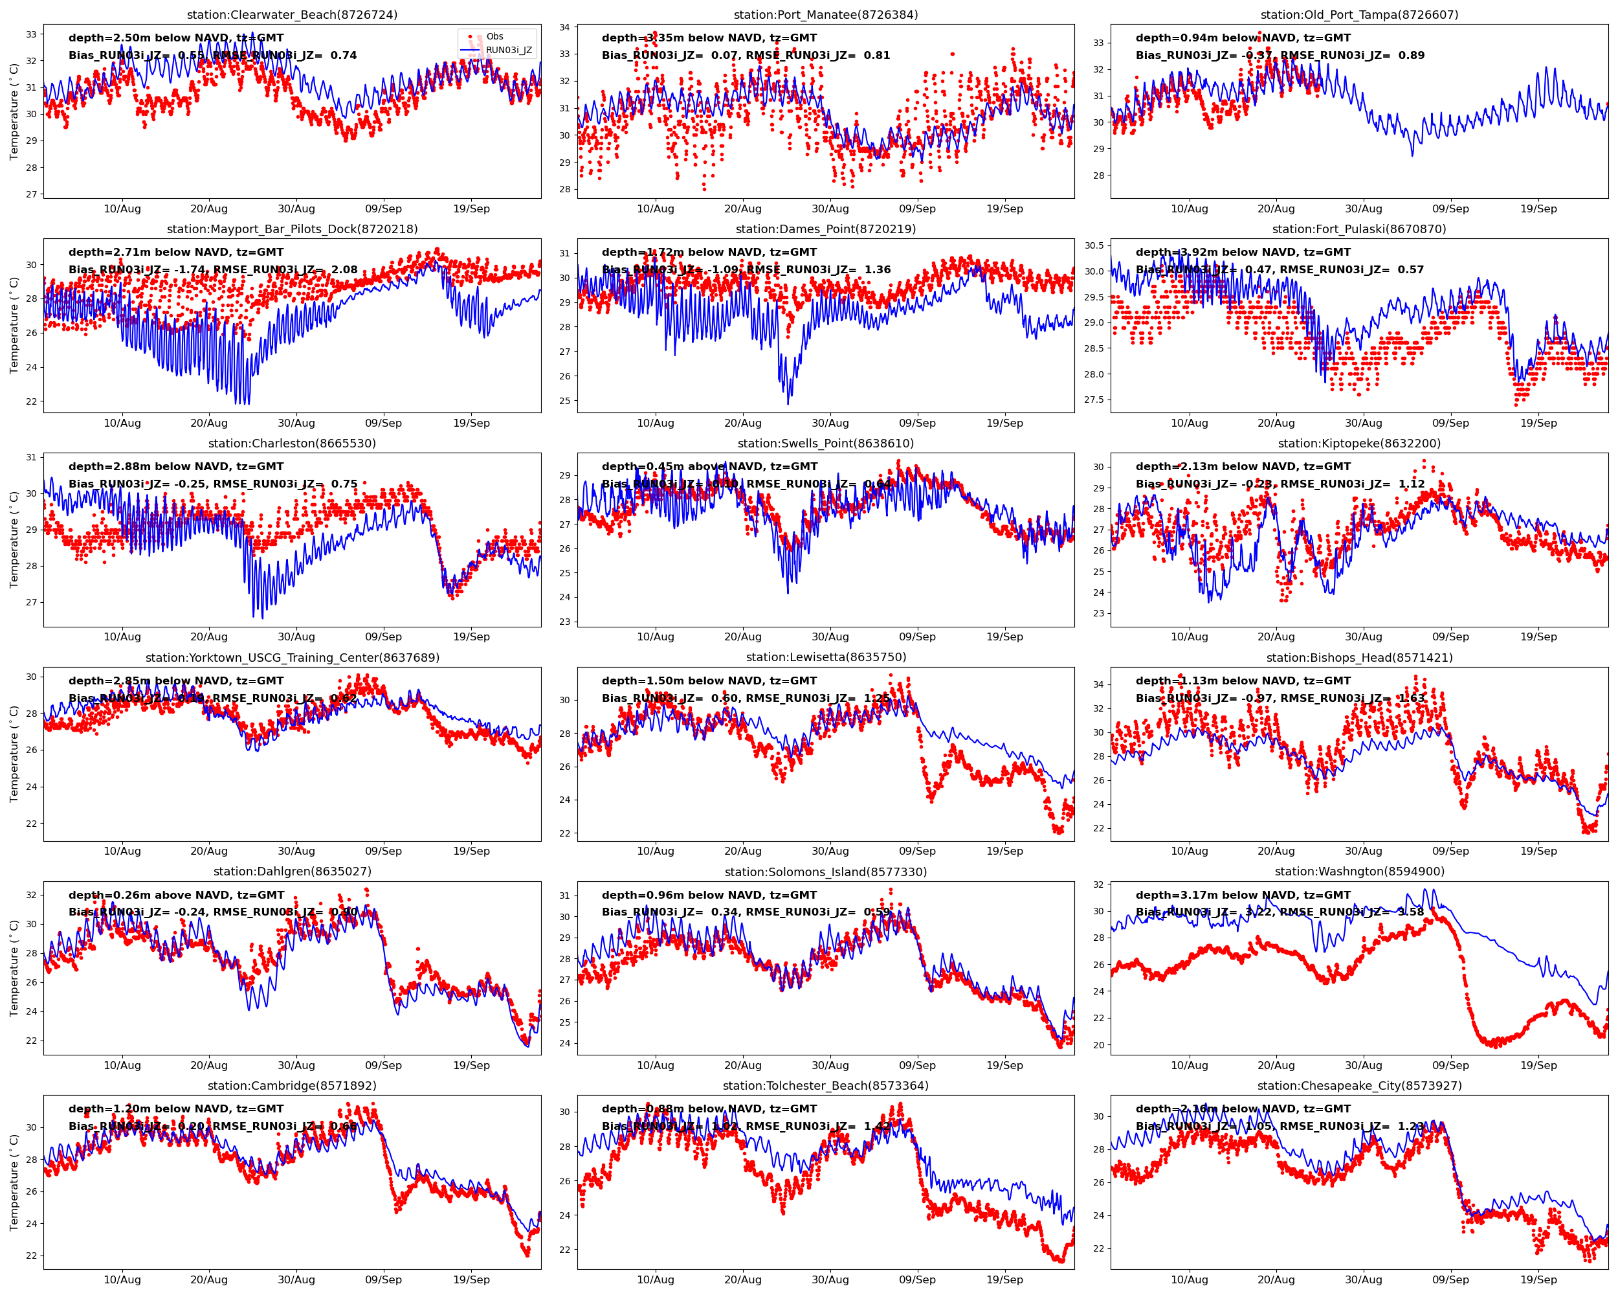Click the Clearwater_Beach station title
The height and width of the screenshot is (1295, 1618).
point(292,15)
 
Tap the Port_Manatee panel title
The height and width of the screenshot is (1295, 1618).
point(826,15)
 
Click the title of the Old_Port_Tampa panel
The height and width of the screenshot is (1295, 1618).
point(1359,15)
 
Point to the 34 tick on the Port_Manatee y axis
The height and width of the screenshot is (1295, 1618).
point(564,27)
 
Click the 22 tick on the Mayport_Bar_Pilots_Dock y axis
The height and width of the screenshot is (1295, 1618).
point(31,401)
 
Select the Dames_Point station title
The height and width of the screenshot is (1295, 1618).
point(826,229)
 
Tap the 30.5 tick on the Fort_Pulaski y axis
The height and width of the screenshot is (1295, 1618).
point(1093,245)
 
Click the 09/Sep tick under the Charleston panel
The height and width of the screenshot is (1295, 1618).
point(384,636)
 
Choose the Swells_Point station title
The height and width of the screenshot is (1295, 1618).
point(826,443)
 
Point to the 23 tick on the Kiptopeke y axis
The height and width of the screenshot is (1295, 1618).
point(1099,613)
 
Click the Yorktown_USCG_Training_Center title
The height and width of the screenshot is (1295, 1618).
point(292,658)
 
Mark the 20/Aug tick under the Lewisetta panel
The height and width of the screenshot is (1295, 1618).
point(742,851)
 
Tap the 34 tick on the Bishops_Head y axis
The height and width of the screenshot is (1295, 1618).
point(1099,684)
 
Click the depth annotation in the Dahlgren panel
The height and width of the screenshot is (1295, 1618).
point(176,895)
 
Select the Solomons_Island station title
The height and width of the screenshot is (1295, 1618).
point(826,872)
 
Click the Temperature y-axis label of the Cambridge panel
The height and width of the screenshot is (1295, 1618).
point(14,1182)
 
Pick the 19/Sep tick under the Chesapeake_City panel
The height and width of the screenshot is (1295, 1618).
point(1538,1279)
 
